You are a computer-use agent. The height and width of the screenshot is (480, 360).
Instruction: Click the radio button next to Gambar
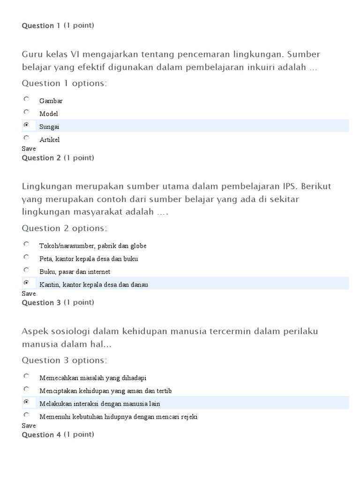[x=27, y=99]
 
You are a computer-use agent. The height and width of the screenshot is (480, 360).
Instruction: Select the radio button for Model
[x=27, y=112]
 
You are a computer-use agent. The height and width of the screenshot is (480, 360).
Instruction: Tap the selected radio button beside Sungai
[x=27, y=125]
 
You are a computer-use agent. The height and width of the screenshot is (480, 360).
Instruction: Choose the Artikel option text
[x=49, y=140]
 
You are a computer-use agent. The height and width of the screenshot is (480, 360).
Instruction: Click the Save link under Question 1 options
[x=29, y=149]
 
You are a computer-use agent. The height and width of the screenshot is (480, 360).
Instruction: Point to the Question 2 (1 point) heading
[x=58, y=158]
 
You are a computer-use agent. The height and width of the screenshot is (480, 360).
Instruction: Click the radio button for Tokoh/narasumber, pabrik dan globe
[x=27, y=244]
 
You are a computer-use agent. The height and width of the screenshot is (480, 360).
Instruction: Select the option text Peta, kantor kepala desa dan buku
[x=89, y=259]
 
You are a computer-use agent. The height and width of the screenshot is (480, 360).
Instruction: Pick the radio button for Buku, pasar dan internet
[x=27, y=270]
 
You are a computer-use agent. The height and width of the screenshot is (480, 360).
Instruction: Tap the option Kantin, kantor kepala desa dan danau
[x=94, y=285]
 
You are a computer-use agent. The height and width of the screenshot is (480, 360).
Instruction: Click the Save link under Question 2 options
[x=29, y=293]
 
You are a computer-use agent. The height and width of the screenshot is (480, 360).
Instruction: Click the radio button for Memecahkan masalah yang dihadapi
[x=27, y=376]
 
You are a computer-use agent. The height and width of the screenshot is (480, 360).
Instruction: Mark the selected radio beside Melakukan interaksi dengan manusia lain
[x=27, y=402]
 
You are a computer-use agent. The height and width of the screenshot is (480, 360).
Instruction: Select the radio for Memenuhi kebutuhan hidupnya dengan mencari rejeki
[x=27, y=415]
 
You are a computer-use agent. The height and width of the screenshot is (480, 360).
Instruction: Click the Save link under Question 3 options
[x=29, y=426]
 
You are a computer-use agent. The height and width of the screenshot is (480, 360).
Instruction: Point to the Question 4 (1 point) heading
[x=58, y=435]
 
